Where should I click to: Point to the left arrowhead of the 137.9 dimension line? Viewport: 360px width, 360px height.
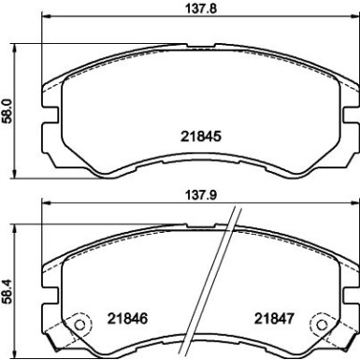(x=41, y=208)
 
